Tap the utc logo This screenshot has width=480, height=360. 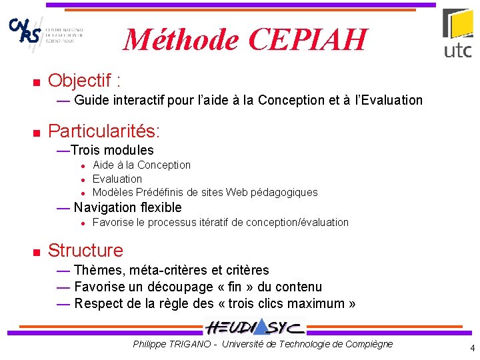(458, 33)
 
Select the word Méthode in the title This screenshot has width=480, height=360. (182, 40)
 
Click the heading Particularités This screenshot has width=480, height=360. (104, 129)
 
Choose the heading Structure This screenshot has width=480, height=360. (85, 251)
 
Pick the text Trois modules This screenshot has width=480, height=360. (112, 151)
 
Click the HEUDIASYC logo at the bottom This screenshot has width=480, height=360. (255, 327)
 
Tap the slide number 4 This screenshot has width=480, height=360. (472, 348)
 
